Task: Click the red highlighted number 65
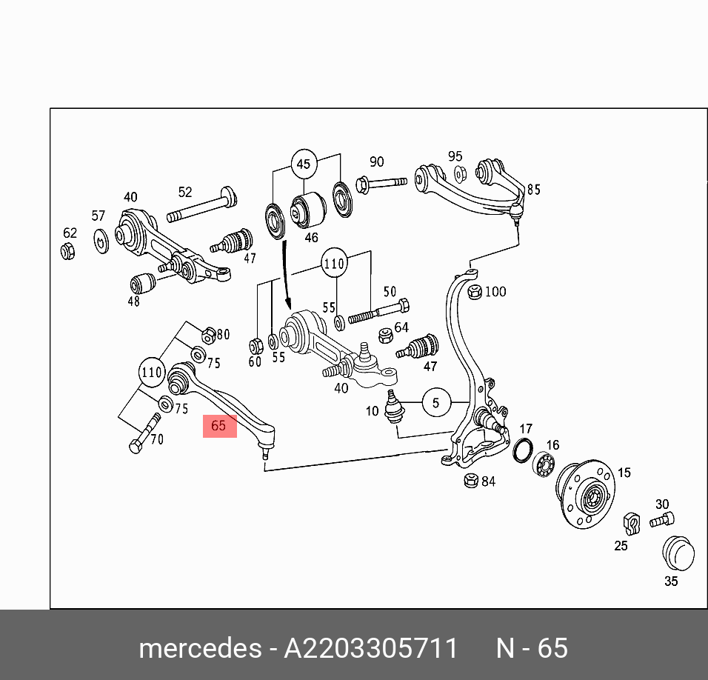(x=219, y=426)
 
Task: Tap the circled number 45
(x=304, y=164)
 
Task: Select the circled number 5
(x=436, y=403)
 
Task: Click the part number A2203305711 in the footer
(x=371, y=648)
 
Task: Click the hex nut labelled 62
(x=68, y=251)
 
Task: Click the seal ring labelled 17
(x=523, y=450)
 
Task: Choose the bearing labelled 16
(x=546, y=464)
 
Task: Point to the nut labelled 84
(x=469, y=481)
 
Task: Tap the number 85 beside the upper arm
(x=533, y=190)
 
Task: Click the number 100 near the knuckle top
(x=495, y=291)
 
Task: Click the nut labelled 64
(x=385, y=335)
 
